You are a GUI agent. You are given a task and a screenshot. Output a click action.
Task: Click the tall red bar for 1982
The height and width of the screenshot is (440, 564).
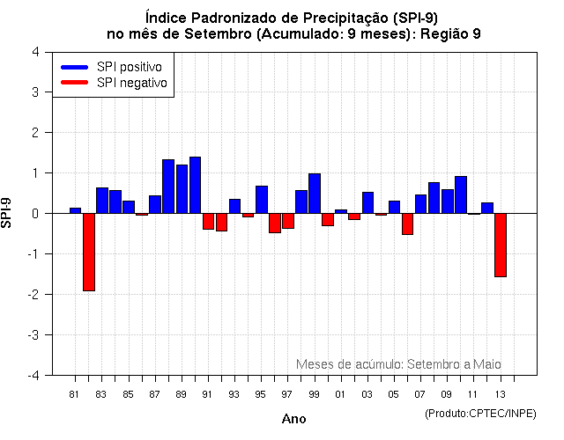(89, 252)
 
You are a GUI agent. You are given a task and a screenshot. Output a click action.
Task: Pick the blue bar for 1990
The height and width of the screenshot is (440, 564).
(195, 185)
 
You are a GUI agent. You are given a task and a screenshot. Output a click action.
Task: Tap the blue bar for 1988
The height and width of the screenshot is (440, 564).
(168, 187)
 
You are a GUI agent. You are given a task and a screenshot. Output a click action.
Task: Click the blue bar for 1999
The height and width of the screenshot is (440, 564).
(315, 194)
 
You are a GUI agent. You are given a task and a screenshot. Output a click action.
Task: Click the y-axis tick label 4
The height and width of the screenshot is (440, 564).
(34, 51)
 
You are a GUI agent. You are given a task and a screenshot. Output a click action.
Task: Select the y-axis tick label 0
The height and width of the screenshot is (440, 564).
(34, 213)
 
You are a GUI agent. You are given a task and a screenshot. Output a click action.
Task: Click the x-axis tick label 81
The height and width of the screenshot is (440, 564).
(75, 393)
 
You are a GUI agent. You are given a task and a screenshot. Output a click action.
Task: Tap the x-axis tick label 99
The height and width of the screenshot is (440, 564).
(315, 393)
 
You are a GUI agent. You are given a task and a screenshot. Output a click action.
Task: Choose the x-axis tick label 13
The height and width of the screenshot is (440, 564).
(501, 393)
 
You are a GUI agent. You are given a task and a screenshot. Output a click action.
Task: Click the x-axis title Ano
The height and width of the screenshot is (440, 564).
(293, 418)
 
